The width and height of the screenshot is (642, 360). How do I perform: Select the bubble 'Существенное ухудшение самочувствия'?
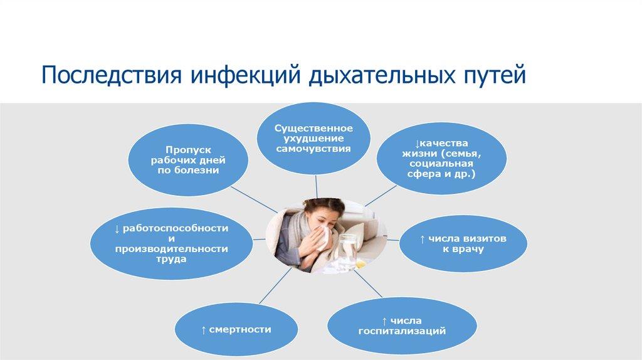tap(312, 139)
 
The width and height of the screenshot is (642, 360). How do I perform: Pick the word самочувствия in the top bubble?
tap(312, 149)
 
